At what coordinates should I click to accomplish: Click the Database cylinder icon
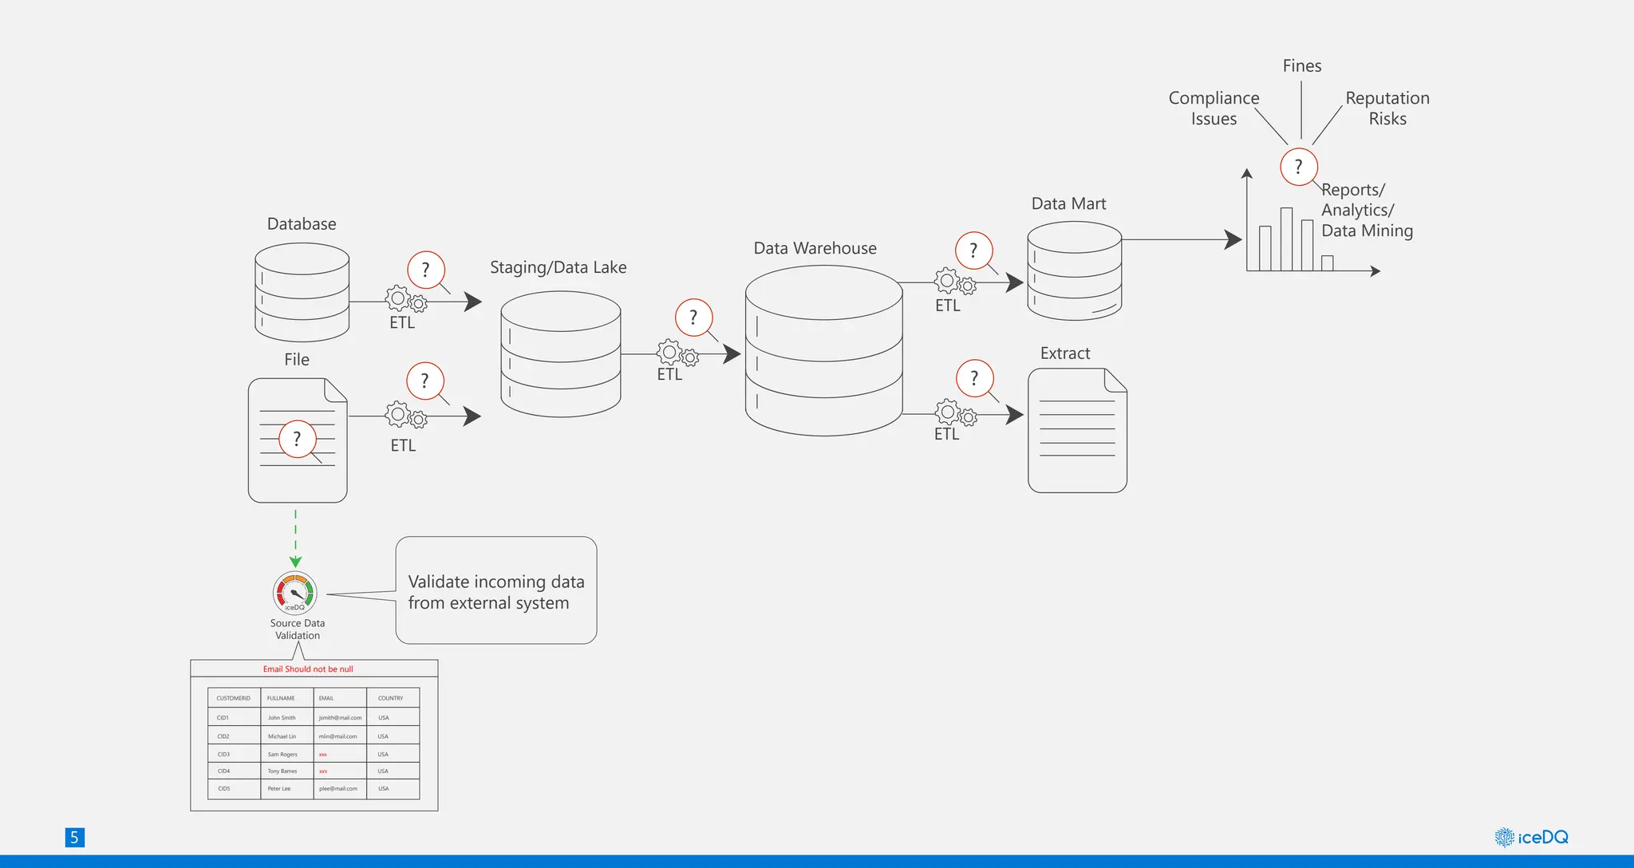pyautogui.click(x=302, y=292)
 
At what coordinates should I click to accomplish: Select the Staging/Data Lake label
pyautogui.click(x=558, y=267)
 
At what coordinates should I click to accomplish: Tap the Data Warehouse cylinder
pyautogui.click(x=823, y=351)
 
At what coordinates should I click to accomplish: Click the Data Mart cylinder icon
pyautogui.click(x=1074, y=271)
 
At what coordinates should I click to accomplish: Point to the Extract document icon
pyautogui.click(x=1077, y=431)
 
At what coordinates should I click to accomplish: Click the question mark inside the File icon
pyautogui.click(x=297, y=439)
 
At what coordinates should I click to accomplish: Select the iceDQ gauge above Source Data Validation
pyautogui.click(x=295, y=593)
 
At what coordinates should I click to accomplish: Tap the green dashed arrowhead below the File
pyautogui.click(x=295, y=562)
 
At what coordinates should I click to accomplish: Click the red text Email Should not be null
pyautogui.click(x=308, y=669)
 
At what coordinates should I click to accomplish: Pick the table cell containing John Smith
pyautogui.click(x=282, y=718)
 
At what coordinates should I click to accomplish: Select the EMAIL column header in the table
pyautogui.click(x=326, y=698)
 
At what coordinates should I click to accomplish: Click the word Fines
pyautogui.click(x=1301, y=66)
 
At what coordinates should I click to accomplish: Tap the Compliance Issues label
pyautogui.click(x=1214, y=108)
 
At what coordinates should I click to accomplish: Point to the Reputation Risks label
pyautogui.click(x=1387, y=108)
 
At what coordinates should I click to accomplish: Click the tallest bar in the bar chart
pyautogui.click(x=1286, y=239)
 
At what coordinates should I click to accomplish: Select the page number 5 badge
pyautogui.click(x=74, y=837)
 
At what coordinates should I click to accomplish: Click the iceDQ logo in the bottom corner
pyautogui.click(x=1531, y=837)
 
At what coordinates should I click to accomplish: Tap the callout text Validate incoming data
pyautogui.click(x=495, y=582)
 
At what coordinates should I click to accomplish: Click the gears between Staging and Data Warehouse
pyautogui.click(x=677, y=353)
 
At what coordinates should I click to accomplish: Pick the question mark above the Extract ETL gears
pyautogui.click(x=973, y=378)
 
